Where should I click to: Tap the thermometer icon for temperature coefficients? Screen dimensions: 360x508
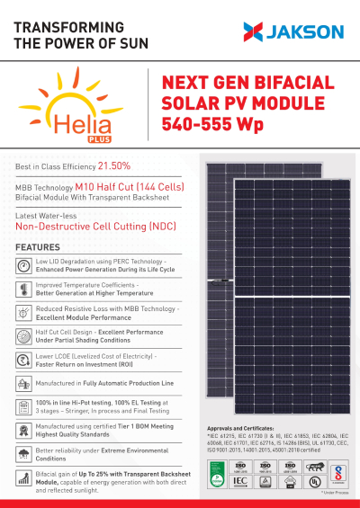tap(23, 290)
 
